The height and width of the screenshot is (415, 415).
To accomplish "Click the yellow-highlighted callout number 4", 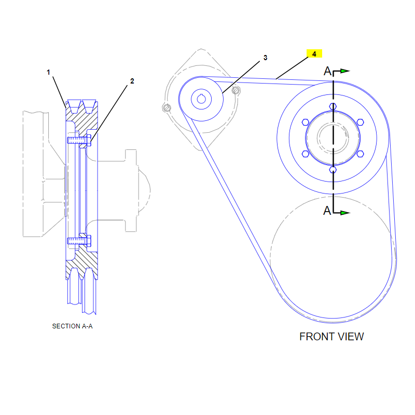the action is point(314,54).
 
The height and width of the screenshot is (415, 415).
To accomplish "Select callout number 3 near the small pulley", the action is point(265,58).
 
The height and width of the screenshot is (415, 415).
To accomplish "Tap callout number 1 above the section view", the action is point(48,72).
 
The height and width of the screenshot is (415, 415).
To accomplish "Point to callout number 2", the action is point(132,81).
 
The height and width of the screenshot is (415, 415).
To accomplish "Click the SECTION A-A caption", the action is point(72,326).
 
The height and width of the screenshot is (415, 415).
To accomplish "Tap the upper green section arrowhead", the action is point(345,71).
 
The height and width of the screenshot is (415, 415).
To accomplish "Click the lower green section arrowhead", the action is point(345,213).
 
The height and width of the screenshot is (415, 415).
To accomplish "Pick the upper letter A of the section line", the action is point(327,71).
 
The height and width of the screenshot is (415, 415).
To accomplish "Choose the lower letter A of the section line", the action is point(327,211).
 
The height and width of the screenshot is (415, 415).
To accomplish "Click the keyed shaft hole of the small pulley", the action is point(201,99).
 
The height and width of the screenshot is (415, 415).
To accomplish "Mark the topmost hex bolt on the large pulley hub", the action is point(333,106).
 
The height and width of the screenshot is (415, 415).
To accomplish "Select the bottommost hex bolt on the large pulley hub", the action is point(333,170).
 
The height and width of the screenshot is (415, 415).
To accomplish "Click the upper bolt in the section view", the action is point(79,140).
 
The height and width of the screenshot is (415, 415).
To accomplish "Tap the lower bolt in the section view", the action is point(79,241).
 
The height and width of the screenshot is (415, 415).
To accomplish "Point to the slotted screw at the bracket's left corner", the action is point(167,108).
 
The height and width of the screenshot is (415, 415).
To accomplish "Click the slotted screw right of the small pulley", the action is point(236,90).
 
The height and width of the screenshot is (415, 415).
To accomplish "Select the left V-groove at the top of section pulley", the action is point(74,106).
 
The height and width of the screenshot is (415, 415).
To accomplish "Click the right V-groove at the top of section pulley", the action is point(89,106).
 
